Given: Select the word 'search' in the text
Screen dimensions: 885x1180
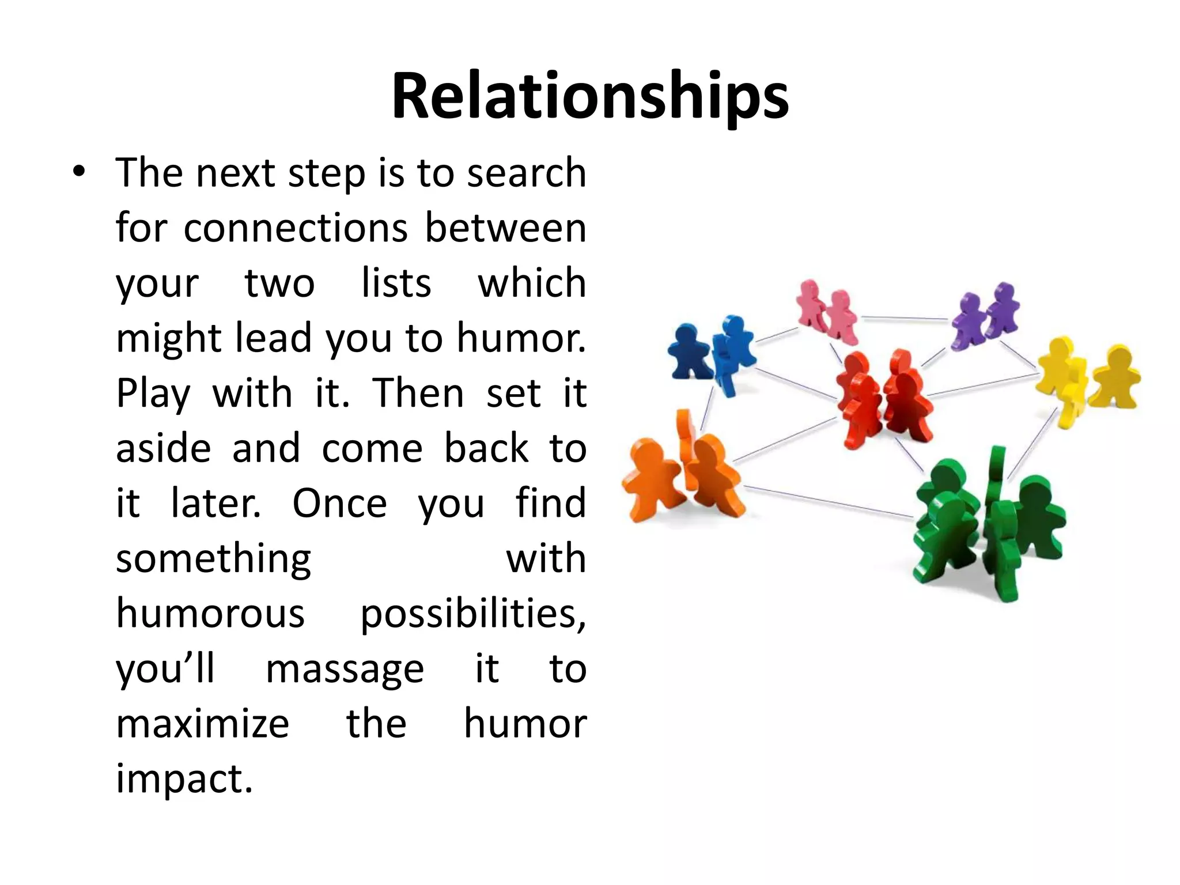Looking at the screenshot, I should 526,173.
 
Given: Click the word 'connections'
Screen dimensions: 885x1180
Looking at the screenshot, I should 296,228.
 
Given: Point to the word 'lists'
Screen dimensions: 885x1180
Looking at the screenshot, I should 396,283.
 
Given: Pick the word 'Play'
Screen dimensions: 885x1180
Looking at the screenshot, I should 153,394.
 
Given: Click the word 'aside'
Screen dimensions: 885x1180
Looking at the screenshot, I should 164,449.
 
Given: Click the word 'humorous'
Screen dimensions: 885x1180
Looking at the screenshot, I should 210,614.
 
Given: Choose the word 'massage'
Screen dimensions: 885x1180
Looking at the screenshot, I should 345,670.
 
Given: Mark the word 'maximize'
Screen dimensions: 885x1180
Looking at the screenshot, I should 202,724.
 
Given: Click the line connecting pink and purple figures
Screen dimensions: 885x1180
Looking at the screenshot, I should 904,317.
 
